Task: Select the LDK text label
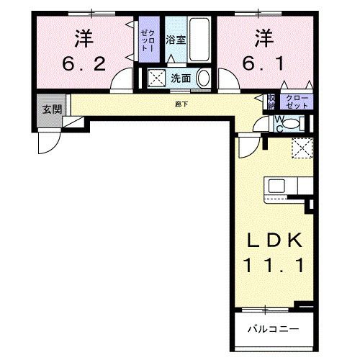(x=275, y=240)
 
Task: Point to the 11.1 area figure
(x=275, y=266)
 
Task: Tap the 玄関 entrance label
(x=51, y=109)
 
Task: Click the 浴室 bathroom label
(x=176, y=40)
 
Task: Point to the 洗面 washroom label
(x=180, y=78)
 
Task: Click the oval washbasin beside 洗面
(x=204, y=78)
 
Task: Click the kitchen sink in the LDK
(x=276, y=186)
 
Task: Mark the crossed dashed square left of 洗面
(x=156, y=78)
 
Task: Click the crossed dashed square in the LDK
(x=300, y=148)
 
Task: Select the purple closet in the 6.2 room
(x=147, y=40)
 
